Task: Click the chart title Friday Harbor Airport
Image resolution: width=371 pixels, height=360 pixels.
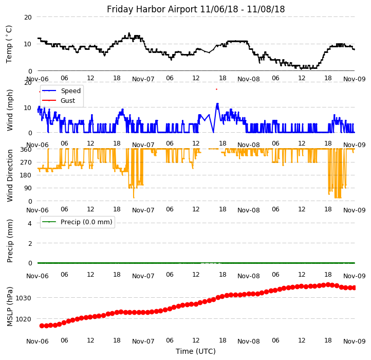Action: pos(196,9)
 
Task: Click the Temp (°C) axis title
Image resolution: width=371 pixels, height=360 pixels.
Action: pos(9,44)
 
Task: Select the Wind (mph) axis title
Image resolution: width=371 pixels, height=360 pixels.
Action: pos(10,110)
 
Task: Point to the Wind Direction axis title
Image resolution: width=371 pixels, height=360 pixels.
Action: pos(10,175)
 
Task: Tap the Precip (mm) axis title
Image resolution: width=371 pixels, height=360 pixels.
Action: pos(10,241)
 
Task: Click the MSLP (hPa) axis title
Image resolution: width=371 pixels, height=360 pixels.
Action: pos(10,307)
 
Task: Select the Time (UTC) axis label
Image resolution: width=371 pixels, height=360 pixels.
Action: pos(196,351)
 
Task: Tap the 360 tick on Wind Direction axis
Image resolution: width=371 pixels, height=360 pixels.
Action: pos(26,150)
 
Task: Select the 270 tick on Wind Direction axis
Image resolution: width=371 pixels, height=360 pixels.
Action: pos(26,163)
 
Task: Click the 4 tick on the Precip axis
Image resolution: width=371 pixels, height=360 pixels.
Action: pos(30,223)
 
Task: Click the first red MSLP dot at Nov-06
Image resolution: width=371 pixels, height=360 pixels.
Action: pos(42,326)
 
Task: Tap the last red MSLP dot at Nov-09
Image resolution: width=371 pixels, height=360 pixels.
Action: pos(354,287)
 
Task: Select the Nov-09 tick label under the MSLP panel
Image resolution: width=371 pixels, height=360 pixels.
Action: pos(354,341)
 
